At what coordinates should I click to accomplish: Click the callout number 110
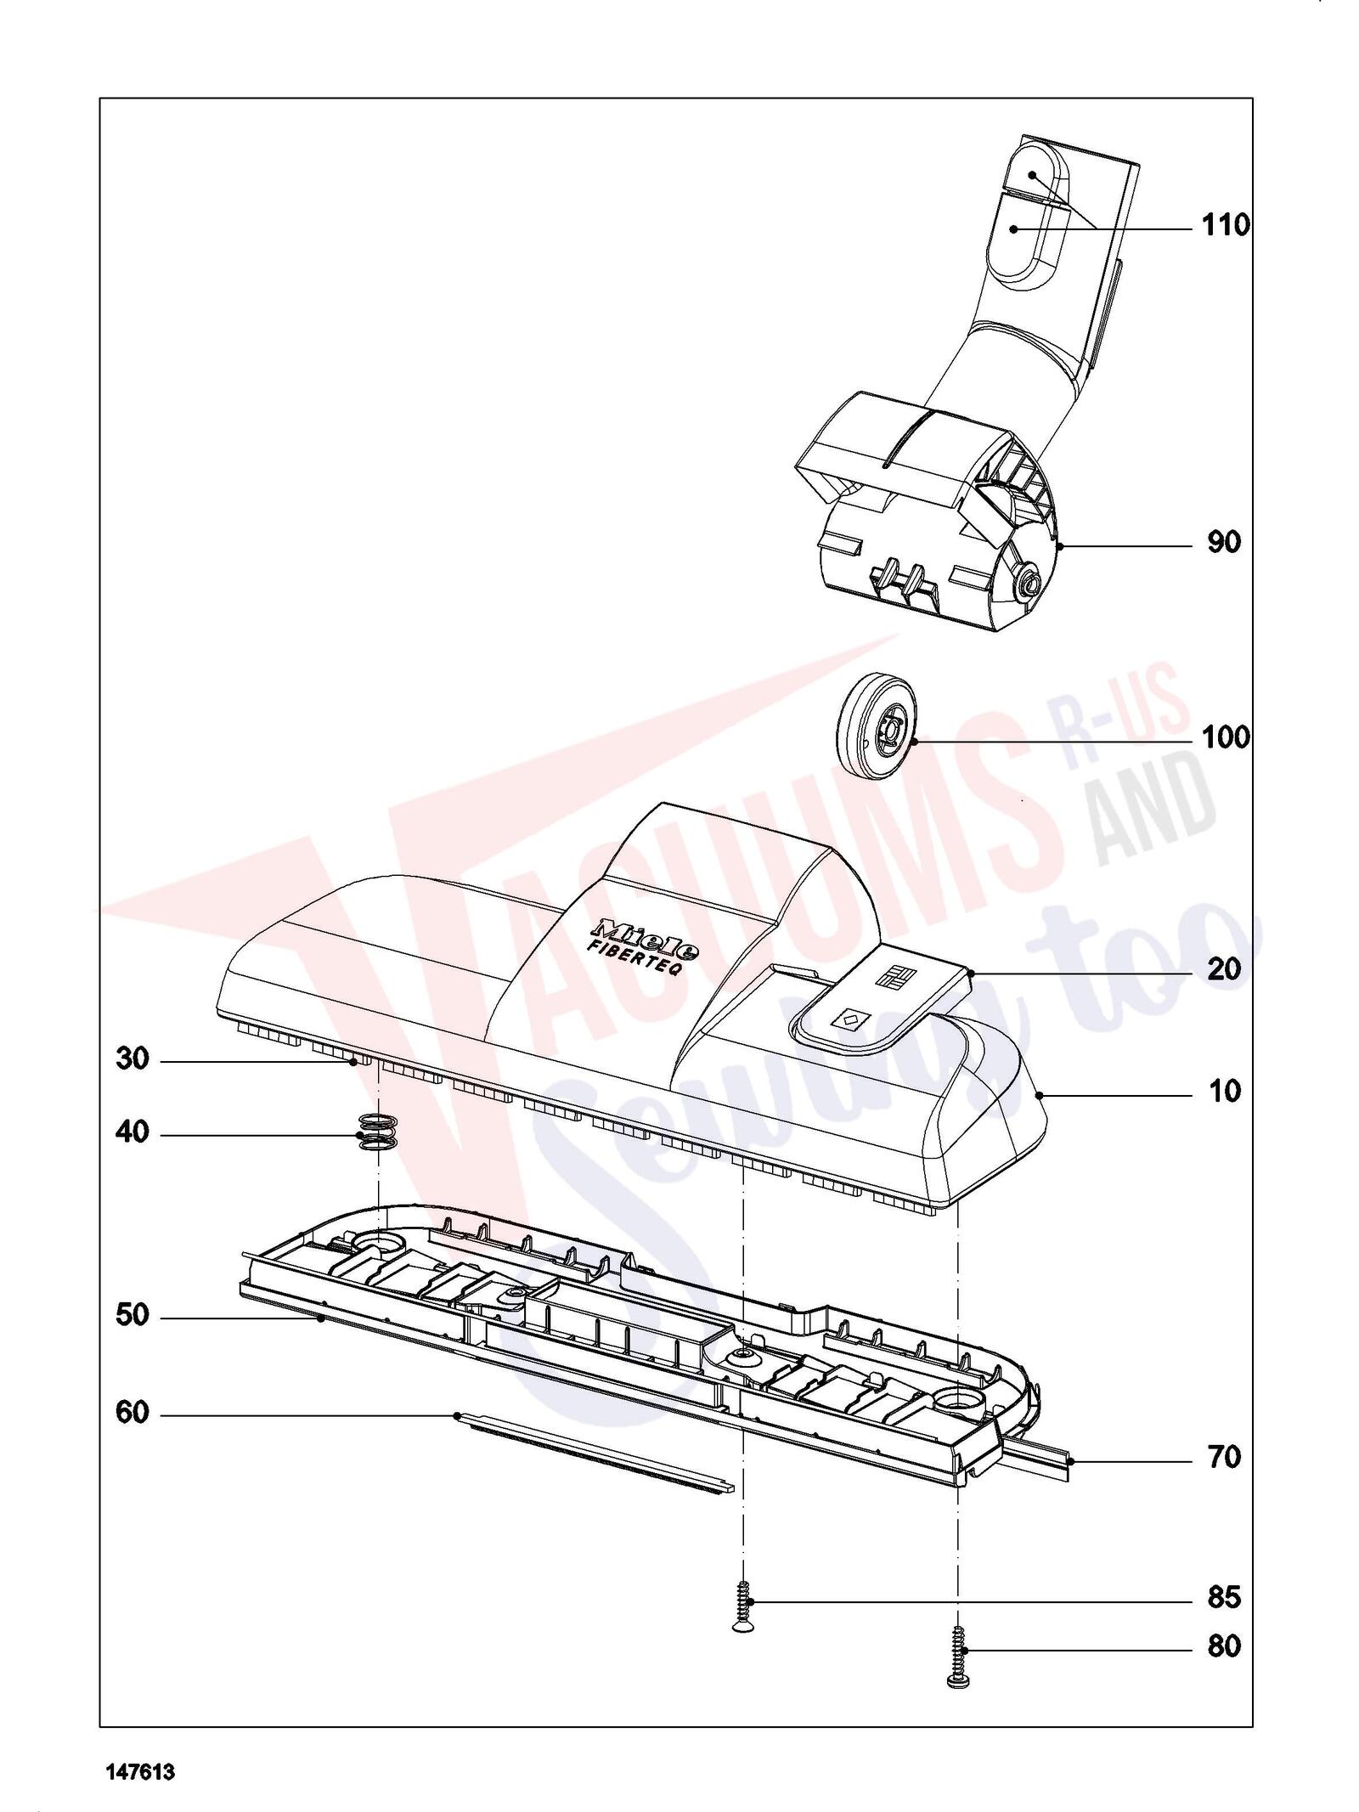pyautogui.click(x=1226, y=226)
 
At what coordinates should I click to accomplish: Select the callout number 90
pyautogui.click(x=1224, y=543)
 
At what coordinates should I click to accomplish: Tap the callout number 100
pyautogui.click(x=1226, y=737)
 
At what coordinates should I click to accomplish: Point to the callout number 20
pyautogui.click(x=1224, y=969)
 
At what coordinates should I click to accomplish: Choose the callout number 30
pyautogui.click(x=133, y=1059)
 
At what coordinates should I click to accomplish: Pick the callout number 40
pyautogui.click(x=133, y=1132)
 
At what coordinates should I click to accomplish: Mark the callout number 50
pyautogui.click(x=133, y=1316)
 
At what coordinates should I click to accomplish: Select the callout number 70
pyautogui.click(x=1224, y=1458)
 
